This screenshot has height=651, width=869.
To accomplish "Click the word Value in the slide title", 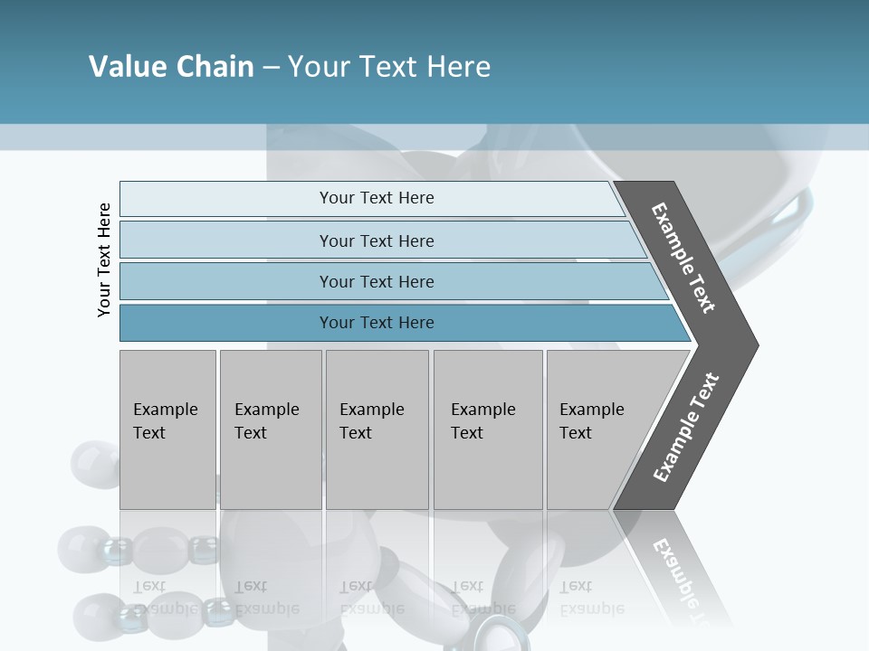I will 126,67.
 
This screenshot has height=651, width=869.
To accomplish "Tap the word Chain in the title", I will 215,67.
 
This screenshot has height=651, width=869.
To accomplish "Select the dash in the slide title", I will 271,68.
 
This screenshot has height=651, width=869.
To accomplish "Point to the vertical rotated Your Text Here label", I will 104,259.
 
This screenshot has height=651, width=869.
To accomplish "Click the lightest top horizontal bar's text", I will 377,198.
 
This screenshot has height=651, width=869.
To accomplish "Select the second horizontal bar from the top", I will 377,241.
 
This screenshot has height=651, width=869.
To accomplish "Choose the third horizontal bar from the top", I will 377,282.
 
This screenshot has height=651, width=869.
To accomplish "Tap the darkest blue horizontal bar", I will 377,323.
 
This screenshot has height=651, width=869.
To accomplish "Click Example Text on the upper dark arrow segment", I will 683,258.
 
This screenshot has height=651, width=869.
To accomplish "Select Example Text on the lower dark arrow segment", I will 686,427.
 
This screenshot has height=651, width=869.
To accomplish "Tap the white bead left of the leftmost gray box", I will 93,462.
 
